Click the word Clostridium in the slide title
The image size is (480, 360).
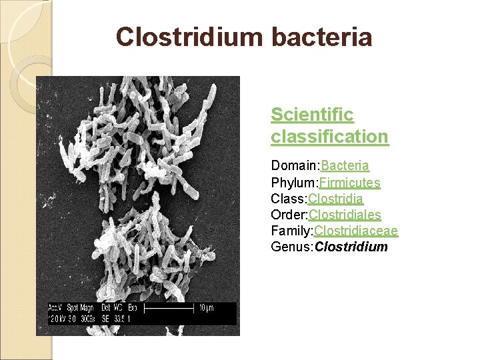coord(190,37)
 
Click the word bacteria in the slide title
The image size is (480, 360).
coord(321,37)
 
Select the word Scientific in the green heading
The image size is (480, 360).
coord(312,115)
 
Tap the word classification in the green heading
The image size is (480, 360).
coord(329,137)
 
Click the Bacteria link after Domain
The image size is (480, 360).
coord(345,165)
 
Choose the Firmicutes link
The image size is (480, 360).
coord(350,182)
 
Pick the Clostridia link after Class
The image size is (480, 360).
coord(336,198)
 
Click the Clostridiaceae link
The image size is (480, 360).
coord(356,231)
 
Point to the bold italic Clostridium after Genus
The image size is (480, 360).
coord(351,247)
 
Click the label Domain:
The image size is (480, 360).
coord(295,165)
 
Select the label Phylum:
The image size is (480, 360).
coord(295,182)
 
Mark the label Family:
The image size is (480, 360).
coord(292,231)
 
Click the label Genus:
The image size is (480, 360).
coord(292,247)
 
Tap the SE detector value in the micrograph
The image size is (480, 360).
coord(105,319)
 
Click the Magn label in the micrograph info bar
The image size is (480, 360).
coord(90,309)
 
